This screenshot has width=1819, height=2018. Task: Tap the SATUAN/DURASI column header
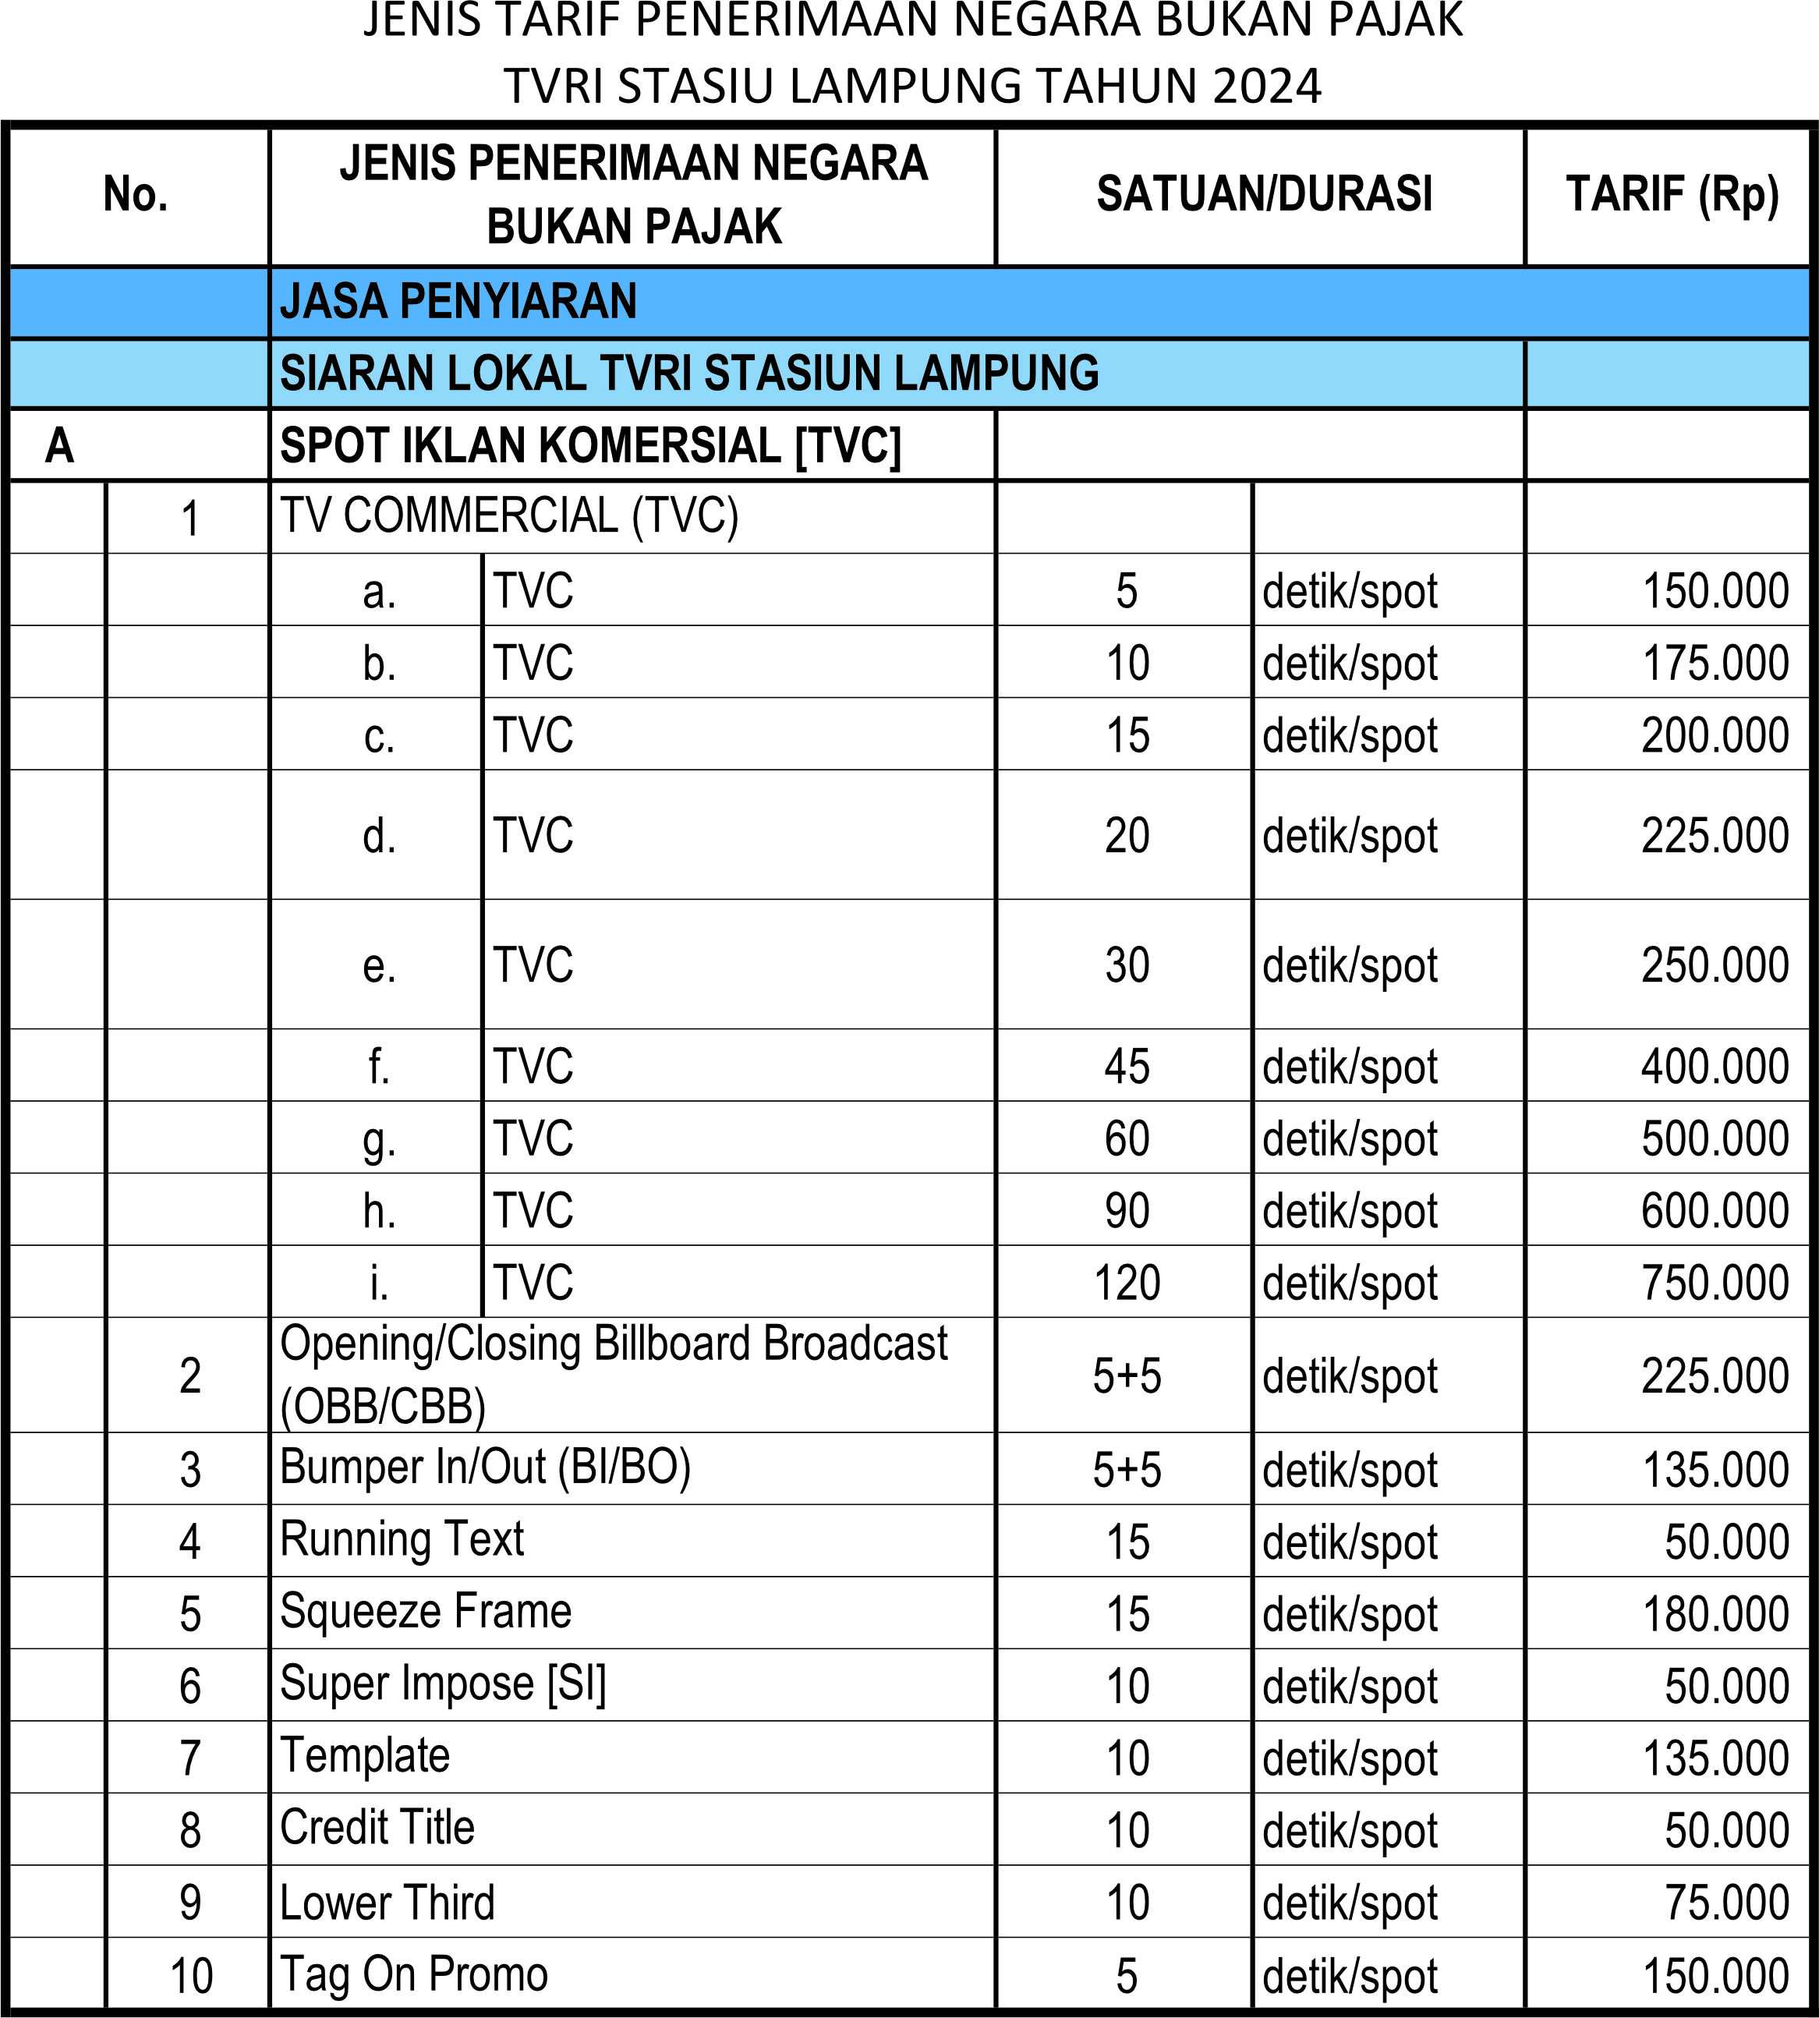1265,194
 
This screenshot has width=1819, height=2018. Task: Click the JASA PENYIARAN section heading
458,302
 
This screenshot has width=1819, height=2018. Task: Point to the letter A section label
60,446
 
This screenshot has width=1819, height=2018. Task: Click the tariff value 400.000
1714,1067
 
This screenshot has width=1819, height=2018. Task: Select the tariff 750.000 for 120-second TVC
1714,1283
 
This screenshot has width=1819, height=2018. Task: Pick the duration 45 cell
1127,1067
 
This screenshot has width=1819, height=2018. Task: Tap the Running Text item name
402,1539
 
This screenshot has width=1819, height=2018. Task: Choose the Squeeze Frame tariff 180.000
1715,1614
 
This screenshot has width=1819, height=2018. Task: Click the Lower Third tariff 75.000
1726,1902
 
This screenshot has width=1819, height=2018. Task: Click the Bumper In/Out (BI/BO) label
485,1467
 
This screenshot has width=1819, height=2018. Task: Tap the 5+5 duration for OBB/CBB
1127,1376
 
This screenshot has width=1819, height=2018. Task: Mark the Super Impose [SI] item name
443,1684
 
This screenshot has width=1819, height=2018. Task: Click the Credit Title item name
377,1827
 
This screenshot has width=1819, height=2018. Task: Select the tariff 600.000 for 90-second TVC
1714,1210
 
